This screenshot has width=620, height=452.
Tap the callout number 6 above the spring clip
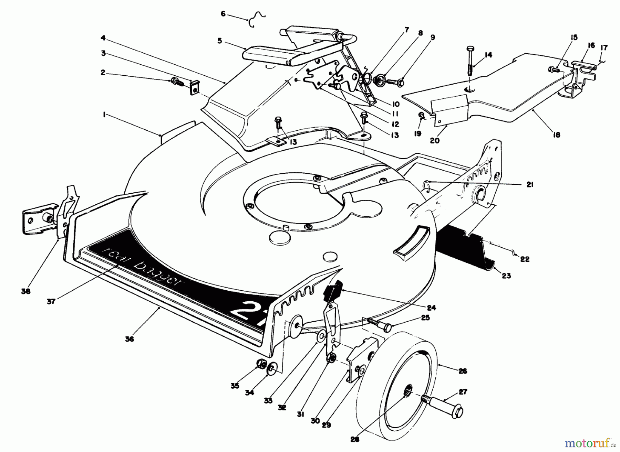(223, 14)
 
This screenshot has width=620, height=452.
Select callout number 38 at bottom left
(25, 291)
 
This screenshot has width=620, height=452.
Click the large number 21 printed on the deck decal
(246, 311)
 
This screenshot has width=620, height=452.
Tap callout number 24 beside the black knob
(431, 308)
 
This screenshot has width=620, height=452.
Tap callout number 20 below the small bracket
(435, 140)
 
